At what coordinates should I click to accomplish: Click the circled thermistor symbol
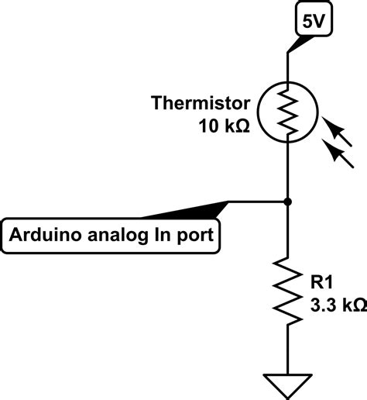288,112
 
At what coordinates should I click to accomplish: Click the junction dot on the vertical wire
288,202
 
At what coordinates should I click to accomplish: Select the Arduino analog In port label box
112,234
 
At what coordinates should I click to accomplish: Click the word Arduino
39,235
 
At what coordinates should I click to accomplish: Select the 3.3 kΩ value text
335,307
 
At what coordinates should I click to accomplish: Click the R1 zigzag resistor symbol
288,291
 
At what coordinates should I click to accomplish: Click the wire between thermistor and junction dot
288,171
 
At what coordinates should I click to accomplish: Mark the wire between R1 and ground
288,349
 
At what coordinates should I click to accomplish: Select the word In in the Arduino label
162,235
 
